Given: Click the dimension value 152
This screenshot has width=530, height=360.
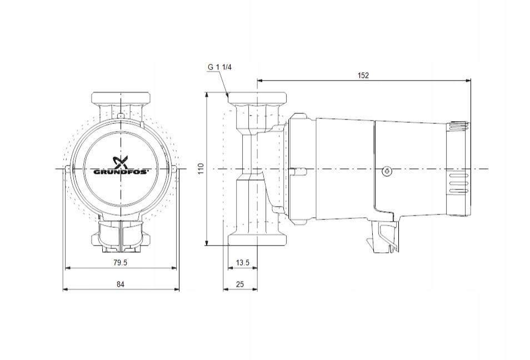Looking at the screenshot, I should click(363, 76).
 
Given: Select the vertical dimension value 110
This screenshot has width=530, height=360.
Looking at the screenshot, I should click(201, 168).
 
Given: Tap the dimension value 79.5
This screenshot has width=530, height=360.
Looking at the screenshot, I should click(121, 263).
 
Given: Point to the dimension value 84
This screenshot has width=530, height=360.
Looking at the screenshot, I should click(121, 284).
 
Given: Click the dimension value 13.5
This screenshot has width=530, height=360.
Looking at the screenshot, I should click(243, 263).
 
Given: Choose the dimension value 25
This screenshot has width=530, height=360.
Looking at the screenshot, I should click(240, 284).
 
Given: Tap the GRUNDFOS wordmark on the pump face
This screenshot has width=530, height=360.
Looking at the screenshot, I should click(121, 172).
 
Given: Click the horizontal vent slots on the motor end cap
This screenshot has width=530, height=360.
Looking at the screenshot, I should click(458, 184).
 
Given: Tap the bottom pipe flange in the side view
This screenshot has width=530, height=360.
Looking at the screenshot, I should click(258, 238).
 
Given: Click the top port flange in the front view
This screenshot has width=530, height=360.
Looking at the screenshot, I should click(121, 99).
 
